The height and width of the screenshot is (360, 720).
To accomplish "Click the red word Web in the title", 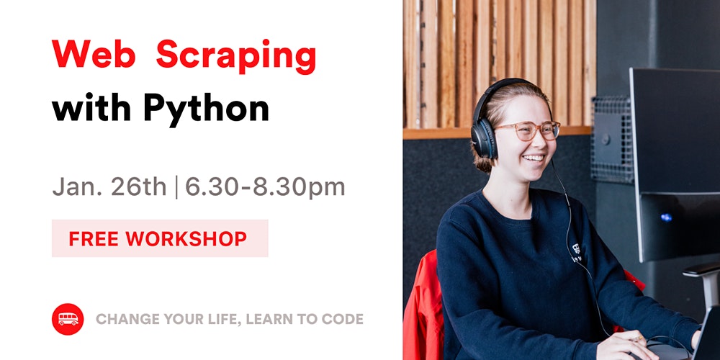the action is click(x=94, y=54).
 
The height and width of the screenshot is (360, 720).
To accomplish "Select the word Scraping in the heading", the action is click(x=236, y=57).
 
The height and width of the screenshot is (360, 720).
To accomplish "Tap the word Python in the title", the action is click(x=206, y=109).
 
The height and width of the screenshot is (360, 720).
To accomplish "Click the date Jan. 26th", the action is click(x=109, y=187).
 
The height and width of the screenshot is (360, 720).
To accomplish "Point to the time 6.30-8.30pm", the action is click(x=265, y=188).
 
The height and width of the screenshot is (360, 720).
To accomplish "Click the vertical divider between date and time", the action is click(x=176, y=188).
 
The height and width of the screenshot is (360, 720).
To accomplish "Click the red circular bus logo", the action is click(x=68, y=319).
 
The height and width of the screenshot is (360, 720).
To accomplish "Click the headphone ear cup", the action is click(x=484, y=138).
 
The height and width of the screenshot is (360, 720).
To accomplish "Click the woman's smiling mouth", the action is click(x=534, y=158).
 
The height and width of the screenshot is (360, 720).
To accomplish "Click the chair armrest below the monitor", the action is click(x=701, y=270).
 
